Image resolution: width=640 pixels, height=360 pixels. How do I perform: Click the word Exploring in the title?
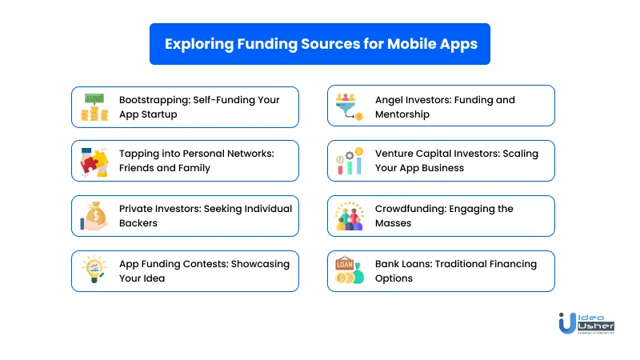point(199,45)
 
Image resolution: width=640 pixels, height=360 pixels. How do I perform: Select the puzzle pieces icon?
point(94,162)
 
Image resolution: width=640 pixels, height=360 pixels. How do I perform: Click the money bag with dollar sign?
point(94,216)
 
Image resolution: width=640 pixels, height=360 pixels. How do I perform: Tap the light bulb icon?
point(94,269)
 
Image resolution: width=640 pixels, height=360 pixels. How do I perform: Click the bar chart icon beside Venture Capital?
point(350,161)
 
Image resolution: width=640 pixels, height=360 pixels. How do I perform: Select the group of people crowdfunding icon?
point(350,216)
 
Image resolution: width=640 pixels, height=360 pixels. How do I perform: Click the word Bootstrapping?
point(154,101)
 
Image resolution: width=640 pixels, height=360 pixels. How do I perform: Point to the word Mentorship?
point(402,114)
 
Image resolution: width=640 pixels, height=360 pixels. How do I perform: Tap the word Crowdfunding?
point(410,209)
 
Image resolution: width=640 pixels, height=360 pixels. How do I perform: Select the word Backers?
point(138,223)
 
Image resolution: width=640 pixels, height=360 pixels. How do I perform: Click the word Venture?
point(394,154)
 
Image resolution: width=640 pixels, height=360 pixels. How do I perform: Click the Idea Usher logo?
point(586,324)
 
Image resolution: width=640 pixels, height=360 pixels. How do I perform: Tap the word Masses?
point(393,223)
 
